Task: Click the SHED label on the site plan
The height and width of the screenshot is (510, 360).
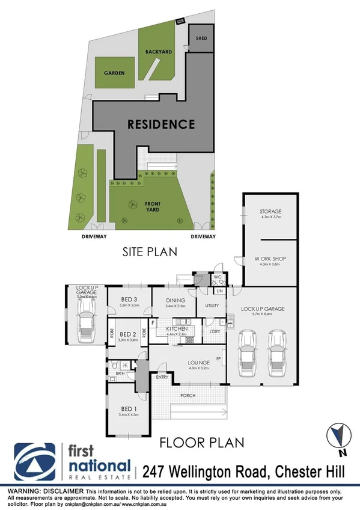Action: click(x=201, y=38)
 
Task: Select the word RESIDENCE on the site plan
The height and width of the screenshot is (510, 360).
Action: click(x=160, y=124)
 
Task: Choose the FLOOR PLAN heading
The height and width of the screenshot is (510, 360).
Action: click(x=202, y=443)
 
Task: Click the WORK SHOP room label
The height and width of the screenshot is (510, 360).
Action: click(x=270, y=259)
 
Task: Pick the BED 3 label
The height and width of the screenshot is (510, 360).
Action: click(x=130, y=300)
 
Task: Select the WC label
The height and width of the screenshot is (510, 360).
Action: click(x=219, y=278)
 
